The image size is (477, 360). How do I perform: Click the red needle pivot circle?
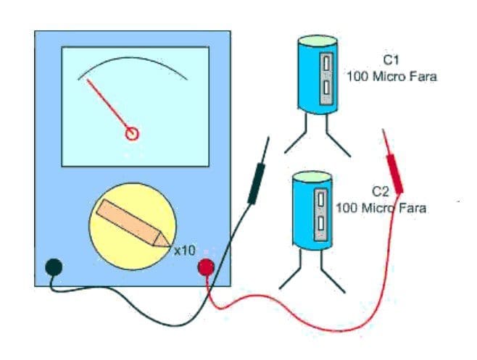coord(132,133)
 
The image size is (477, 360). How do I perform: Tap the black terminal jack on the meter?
coord(53,267)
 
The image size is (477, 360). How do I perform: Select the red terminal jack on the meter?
coord(207,268)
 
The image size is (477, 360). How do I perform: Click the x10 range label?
coord(185,251)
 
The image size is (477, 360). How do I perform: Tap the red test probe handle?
coord(395,174)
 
